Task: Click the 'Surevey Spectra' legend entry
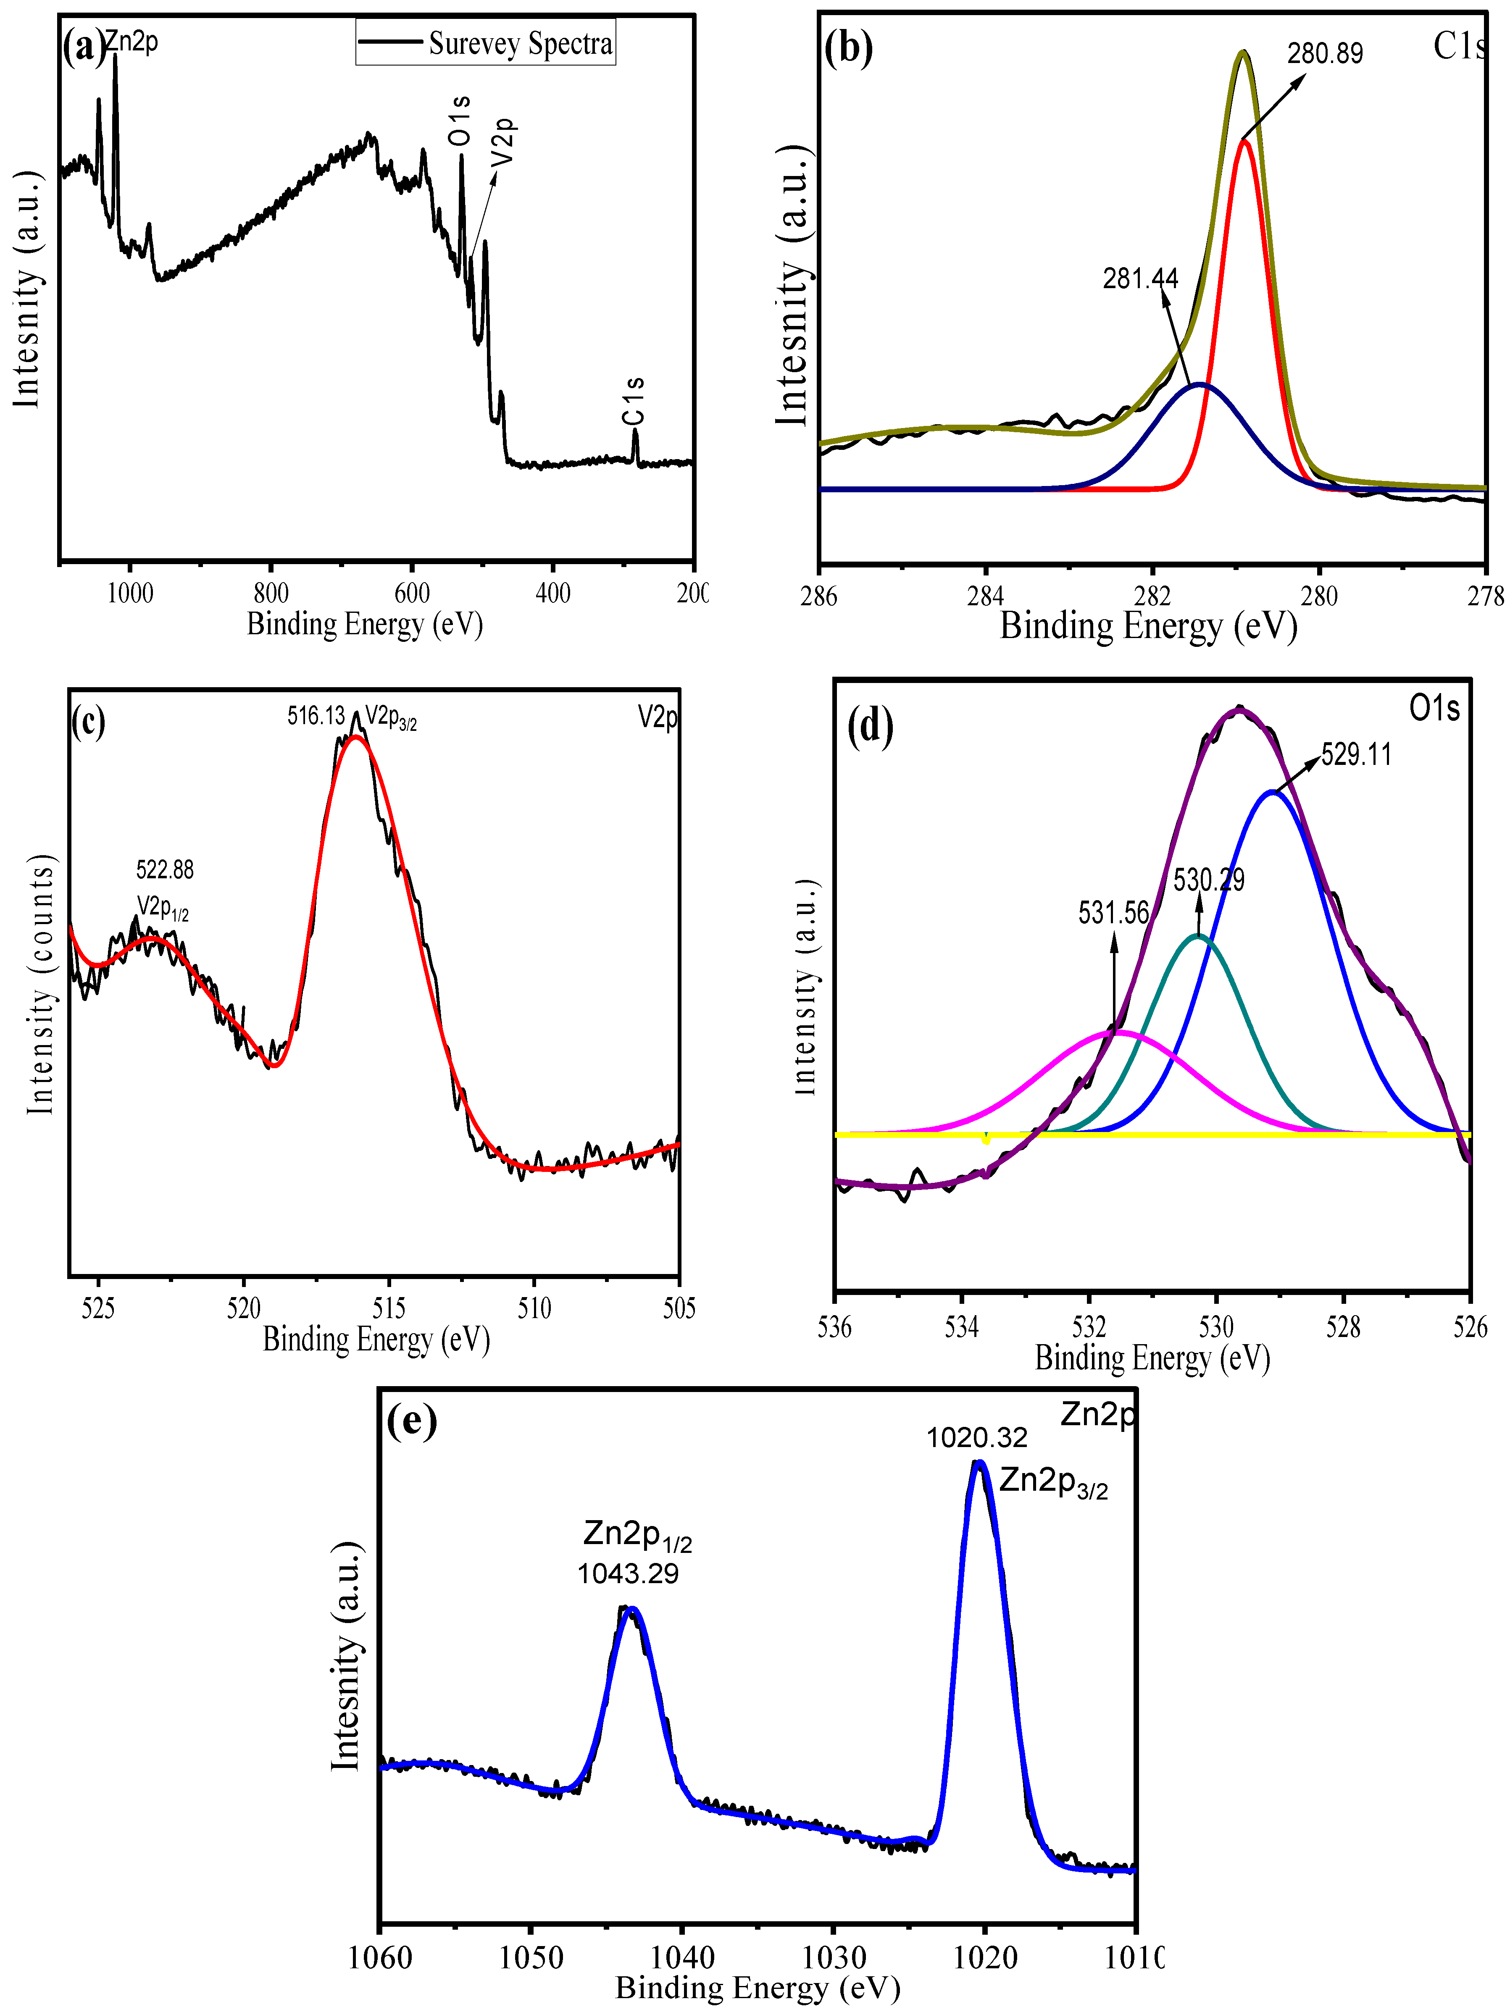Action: [520, 43]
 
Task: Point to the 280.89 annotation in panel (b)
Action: [1324, 54]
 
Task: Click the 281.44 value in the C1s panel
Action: [1140, 278]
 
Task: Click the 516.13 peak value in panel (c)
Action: [316, 716]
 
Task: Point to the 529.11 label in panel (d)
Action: [1355, 754]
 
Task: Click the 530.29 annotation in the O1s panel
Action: [1208, 880]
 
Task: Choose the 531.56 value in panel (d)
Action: [1113, 912]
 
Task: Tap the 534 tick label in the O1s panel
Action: [961, 1328]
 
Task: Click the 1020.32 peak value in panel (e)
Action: [977, 1438]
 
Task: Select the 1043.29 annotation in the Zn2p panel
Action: [628, 1573]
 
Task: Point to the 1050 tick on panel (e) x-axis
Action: [531, 1957]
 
